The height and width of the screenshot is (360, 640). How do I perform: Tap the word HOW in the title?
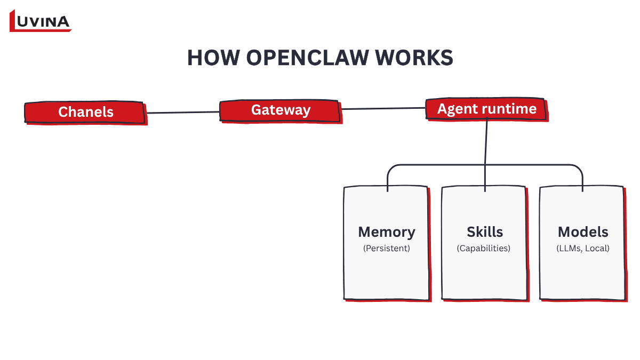click(x=210, y=58)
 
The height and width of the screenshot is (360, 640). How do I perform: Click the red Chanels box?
click(x=85, y=112)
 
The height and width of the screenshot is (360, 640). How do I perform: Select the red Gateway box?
click(x=281, y=110)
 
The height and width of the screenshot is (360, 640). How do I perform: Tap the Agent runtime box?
click(x=486, y=109)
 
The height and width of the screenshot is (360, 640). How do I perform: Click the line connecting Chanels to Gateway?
click(x=183, y=112)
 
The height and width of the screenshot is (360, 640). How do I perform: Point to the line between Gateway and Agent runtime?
click(x=383, y=108)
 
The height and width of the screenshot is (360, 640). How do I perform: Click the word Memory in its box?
click(x=386, y=232)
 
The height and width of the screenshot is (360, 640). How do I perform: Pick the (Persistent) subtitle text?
click(x=386, y=249)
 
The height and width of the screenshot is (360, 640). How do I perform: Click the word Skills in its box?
click(x=485, y=232)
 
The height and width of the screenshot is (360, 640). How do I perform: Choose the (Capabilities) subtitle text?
click(x=484, y=249)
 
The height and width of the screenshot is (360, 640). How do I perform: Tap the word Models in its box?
click(x=583, y=232)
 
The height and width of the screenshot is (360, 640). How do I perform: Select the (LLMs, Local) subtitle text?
click(x=582, y=249)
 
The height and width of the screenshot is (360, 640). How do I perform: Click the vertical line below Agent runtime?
click(x=486, y=144)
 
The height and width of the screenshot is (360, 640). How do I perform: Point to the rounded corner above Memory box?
click(x=390, y=168)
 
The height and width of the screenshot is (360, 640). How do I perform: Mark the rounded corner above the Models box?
click(x=579, y=168)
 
